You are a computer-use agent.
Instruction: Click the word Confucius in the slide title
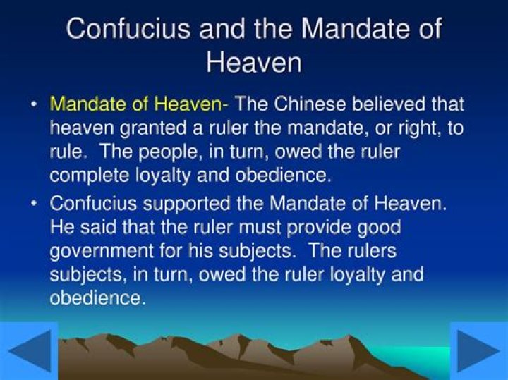(x=124, y=29)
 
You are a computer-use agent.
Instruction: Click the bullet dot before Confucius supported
(x=34, y=204)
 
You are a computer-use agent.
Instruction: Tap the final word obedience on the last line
(x=97, y=297)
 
